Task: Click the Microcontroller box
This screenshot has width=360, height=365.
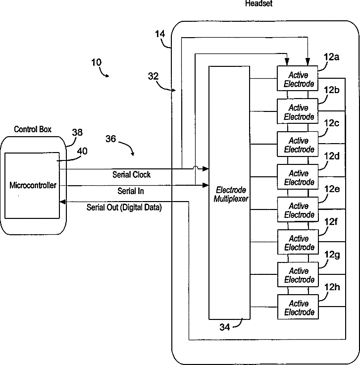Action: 32,186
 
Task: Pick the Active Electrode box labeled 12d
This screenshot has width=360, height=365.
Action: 299,178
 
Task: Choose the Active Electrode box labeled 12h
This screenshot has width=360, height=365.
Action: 299,308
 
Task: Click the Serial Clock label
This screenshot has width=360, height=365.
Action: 132,175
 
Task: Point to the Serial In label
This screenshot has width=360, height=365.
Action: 131,191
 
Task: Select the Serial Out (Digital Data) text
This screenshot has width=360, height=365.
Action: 124,208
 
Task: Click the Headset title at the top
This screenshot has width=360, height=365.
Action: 259,3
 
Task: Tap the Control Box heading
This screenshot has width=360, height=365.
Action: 33,130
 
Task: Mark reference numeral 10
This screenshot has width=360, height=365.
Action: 97,62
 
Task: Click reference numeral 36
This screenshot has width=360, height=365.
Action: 110,139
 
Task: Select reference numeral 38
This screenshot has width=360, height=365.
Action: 77,133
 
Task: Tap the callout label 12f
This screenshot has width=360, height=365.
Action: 331,222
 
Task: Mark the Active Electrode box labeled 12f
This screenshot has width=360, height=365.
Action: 299,243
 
